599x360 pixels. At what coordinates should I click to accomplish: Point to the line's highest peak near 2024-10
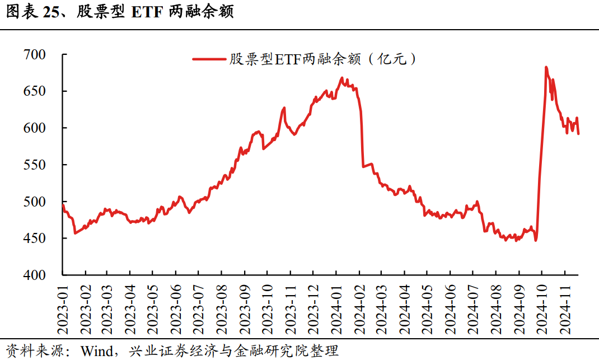546,67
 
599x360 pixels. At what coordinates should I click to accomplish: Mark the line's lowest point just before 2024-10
536,241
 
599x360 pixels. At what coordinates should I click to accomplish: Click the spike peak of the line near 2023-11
284,107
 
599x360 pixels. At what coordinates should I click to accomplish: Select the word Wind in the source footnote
96,351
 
